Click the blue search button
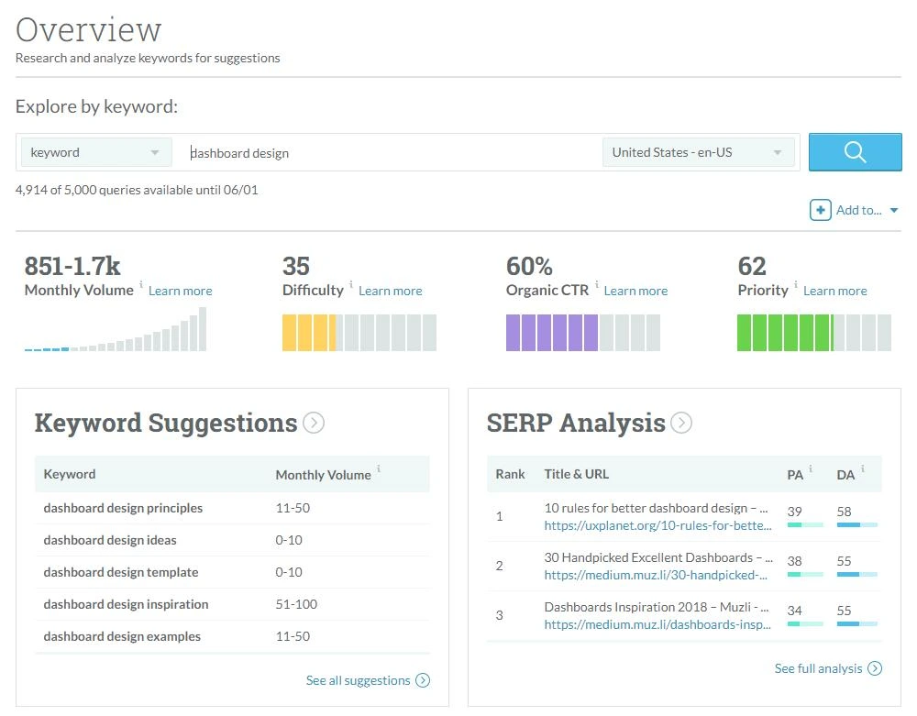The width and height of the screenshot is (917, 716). (855, 152)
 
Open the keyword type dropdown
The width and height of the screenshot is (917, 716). (96, 152)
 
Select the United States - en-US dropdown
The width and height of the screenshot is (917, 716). (698, 152)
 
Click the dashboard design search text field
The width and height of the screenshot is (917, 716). (387, 153)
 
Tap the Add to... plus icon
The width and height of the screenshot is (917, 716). (820, 211)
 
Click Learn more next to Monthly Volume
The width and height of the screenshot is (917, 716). (180, 291)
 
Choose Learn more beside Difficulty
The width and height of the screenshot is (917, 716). (390, 291)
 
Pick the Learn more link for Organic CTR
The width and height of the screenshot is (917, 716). (635, 291)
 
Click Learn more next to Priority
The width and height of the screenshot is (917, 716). (835, 291)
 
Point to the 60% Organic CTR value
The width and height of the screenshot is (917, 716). (529, 267)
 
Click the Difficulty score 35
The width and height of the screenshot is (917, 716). (296, 267)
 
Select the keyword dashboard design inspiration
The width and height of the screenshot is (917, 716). (126, 604)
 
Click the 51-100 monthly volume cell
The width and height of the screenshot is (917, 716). (296, 604)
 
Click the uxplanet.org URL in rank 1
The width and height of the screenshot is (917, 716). (657, 525)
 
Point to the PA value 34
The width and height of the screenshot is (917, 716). (794, 611)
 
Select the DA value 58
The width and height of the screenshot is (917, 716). (844, 512)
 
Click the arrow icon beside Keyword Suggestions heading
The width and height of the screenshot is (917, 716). (314, 423)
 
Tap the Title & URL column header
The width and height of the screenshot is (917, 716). (577, 474)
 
